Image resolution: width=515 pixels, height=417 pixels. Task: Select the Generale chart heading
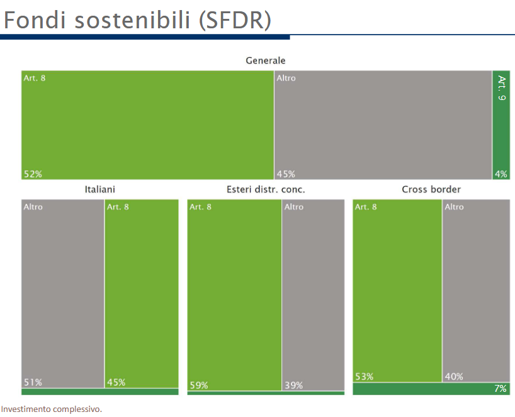pos(265,60)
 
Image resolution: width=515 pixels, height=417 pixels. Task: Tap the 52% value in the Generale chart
pos(33,174)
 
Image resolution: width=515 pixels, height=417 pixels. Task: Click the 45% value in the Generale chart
pos(286,174)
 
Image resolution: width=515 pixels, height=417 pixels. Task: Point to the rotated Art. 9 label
pos(501,88)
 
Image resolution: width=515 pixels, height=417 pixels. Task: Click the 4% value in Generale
pos(501,174)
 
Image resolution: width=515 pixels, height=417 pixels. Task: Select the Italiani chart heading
pos(100,189)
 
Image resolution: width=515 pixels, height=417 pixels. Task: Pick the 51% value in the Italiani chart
pos(33,382)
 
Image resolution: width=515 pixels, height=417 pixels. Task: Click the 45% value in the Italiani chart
pos(116,382)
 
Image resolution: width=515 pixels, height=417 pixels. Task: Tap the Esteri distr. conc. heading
pos(266,189)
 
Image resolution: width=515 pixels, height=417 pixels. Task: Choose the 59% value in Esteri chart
pos(199,386)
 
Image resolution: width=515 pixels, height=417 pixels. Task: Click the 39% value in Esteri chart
pos(293,386)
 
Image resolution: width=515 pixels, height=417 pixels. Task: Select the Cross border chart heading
pos(431,189)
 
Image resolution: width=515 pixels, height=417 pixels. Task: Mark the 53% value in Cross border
pos(364,377)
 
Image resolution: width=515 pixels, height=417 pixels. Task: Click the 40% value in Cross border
pos(454,377)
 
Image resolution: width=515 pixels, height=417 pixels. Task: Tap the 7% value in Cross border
pos(500,389)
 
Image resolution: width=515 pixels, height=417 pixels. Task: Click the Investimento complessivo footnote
pos(51,409)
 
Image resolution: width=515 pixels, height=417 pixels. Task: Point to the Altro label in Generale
pos(286,78)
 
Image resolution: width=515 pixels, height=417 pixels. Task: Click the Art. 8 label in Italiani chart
pos(118,206)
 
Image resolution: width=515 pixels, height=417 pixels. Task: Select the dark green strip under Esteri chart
pos(266,393)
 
